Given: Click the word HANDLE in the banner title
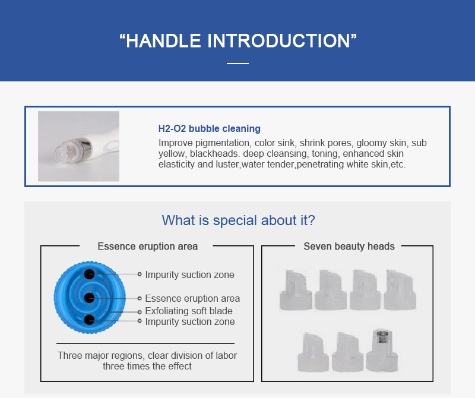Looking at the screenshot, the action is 163,40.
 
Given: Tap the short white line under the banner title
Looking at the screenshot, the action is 238,64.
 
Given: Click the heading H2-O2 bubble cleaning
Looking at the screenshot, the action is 210,128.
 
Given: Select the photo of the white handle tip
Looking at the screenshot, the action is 78,146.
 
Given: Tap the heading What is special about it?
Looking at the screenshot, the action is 239,220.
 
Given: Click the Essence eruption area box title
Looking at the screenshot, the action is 147,247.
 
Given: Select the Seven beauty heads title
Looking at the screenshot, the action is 349,247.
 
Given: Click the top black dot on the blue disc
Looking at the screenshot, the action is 89,274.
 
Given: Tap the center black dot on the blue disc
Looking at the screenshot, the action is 89,298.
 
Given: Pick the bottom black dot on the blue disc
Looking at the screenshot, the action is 89,320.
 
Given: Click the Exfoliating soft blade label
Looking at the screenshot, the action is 189,311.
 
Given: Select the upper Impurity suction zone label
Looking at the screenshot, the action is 189,274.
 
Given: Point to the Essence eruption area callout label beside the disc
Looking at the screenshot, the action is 192,299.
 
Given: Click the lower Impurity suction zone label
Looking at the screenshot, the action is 190,321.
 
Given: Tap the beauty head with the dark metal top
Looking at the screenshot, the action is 381,350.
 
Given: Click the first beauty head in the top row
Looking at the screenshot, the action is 296,290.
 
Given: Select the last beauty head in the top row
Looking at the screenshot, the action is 400,290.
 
